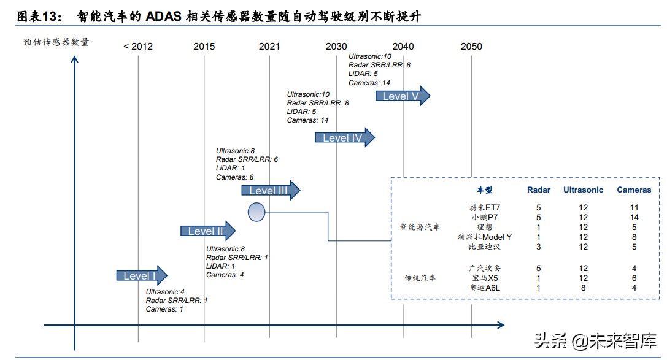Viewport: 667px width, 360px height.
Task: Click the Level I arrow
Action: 142,276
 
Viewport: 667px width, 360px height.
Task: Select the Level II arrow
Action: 208,231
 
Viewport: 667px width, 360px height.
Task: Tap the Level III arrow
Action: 271,191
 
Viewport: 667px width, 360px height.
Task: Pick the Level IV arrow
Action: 344,138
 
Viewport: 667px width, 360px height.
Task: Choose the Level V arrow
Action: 403,96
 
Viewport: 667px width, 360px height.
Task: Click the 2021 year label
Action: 269,47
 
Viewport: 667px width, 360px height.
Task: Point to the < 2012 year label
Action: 138,47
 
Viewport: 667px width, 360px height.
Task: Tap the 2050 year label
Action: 471,47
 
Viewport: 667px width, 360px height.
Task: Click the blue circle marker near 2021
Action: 256,212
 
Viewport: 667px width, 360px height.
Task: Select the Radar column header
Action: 539,190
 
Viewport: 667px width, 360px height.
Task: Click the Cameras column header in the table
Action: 634,190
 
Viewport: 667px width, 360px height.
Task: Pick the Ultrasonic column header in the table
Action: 583,190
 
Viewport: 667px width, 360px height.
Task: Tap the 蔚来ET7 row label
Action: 484,207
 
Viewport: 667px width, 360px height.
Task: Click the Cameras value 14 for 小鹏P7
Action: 634,217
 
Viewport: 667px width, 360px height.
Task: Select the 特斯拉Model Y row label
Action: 484,237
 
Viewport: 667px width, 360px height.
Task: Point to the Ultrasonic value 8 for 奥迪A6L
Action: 583,288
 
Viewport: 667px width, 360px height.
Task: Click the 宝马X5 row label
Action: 484,278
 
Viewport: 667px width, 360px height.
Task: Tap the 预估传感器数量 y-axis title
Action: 56,42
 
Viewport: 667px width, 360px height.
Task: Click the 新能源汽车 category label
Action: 420,227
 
